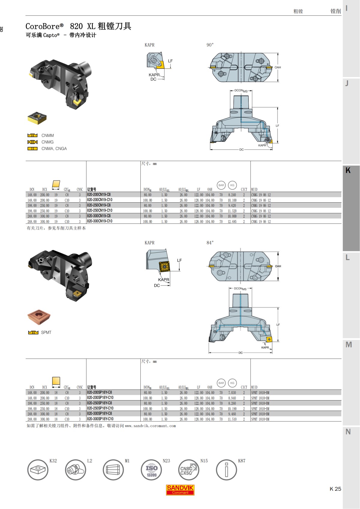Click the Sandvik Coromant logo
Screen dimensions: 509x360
click(180, 490)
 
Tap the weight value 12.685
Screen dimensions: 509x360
click(232, 222)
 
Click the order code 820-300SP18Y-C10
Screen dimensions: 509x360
click(100, 419)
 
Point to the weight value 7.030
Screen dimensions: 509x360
click(232, 392)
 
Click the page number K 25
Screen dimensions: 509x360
click(335, 489)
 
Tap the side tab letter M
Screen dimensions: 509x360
click(348, 345)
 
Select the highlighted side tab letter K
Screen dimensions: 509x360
click(348, 170)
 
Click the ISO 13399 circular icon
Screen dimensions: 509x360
click(151, 470)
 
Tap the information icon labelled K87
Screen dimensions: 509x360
click(226, 470)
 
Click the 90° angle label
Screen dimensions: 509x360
click(210, 45)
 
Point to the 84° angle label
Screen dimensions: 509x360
click(210, 243)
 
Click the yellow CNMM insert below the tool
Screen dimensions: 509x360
click(37, 118)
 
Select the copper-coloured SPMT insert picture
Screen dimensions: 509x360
click(39, 317)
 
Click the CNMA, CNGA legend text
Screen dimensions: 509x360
click(54, 149)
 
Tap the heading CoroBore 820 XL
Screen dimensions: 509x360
click(78, 26)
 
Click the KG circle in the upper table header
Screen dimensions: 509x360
click(232, 185)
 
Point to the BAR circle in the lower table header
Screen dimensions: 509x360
click(221, 383)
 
